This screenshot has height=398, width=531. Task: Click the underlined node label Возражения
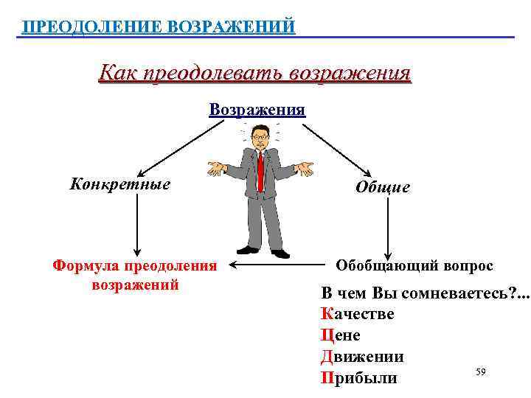click(257, 110)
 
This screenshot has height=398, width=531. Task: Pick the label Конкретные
click(119, 184)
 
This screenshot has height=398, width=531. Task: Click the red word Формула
click(87, 265)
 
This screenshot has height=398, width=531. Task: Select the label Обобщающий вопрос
click(414, 265)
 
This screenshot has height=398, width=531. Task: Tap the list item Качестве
click(358, 314)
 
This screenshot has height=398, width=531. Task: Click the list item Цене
click(341, 335)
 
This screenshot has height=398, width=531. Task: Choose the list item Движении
click(362, 357)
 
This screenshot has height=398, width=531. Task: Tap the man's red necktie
click(261, 170)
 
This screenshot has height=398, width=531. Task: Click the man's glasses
click(260, 137)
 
